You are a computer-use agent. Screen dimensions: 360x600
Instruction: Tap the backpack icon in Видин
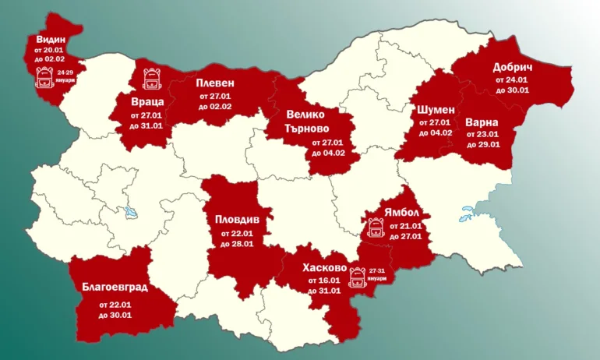point(45,77)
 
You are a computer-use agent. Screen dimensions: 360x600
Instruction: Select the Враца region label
point(146,101)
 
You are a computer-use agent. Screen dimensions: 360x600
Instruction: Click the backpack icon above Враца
point(152,78)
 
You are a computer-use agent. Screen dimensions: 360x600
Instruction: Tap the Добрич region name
point(512,67)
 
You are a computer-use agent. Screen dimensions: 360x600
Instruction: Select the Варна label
point(482,122)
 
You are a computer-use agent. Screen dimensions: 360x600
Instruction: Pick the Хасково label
point(323,266)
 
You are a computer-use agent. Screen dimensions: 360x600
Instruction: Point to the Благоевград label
point(115,286)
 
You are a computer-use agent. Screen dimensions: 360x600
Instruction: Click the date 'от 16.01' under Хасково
point(323,280)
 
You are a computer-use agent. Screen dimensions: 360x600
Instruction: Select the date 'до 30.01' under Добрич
point(512,90)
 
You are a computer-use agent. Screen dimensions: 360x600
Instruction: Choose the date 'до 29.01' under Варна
point(482,144)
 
